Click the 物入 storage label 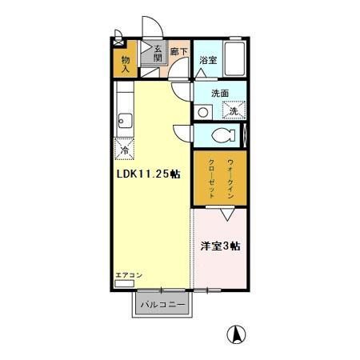point(126,64)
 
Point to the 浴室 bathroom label point(208,61)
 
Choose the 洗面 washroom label point(220,94)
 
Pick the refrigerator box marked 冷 point(125,149)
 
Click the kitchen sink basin point(124,122)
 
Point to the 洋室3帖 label point(221,247)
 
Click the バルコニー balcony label point(162,305)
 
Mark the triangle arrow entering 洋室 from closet point(226,213)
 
